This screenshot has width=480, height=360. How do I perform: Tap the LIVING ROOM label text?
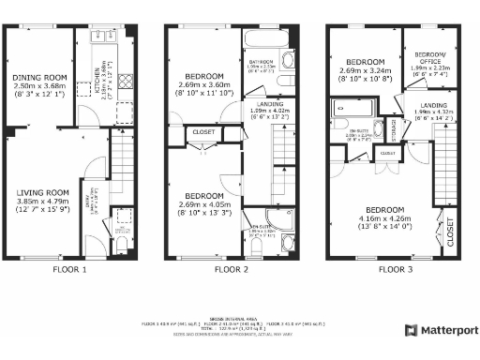[x=41, y=193]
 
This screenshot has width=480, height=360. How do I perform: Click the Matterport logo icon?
[x=411, y=330]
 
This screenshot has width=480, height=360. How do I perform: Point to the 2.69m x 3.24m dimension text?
[x=358, y=71]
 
